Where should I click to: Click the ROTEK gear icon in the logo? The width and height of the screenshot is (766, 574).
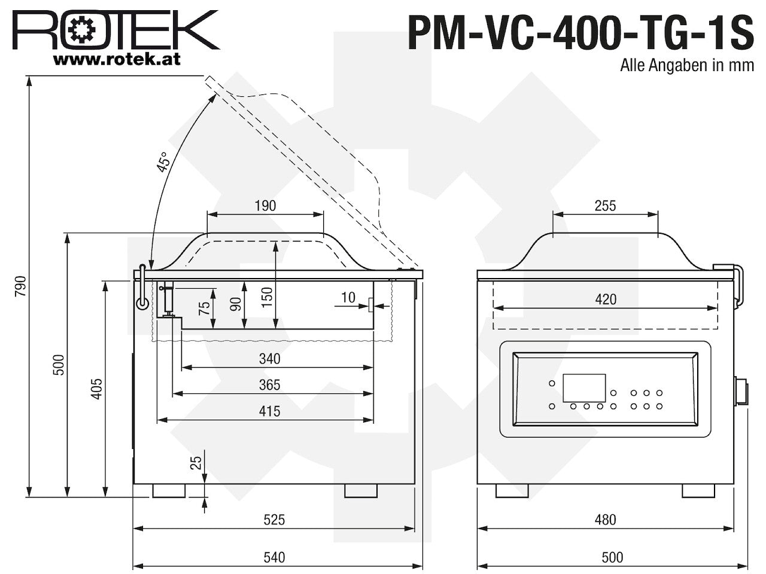coord(83,30)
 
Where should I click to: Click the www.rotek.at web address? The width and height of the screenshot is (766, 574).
coord(117,59)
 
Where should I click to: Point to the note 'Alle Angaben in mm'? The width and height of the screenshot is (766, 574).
coord(687,65)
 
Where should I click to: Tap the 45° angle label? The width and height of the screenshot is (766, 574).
coord(163,162)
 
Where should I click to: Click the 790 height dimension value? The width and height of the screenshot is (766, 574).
coord(20,286)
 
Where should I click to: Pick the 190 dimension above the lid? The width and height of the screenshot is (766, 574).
coord(265,206)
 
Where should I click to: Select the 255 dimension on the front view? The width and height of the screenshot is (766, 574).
coord(605,206)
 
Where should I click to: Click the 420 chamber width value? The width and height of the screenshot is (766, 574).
coord(606,300)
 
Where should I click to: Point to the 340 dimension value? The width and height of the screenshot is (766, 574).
coord(270,359)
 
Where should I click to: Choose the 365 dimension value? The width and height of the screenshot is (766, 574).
coord(270,385)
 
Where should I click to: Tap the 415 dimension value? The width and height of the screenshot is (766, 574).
coord(270,411)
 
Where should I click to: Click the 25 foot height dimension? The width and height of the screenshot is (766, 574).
coord(196,463)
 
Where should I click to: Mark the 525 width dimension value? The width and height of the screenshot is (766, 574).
coord(274,520)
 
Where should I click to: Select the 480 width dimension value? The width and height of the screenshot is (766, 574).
coord(606,520)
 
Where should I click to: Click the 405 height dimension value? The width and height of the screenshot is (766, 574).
coord(97,389)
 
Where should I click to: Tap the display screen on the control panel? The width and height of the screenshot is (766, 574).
coord(584,388)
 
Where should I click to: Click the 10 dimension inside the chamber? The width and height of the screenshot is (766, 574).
coord(348,298)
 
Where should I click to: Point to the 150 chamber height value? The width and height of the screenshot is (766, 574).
coord(267,297)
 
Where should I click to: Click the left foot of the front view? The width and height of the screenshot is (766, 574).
coord(512,491)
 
